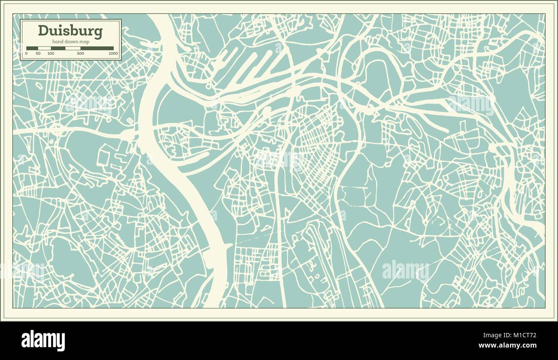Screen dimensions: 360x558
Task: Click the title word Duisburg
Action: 70,31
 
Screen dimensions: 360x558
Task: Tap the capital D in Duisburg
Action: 42,30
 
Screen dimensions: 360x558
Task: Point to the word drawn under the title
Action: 70,41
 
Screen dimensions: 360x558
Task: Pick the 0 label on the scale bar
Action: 26,54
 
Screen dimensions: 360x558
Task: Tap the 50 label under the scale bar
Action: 38,54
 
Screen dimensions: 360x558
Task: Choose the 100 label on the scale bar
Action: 51,54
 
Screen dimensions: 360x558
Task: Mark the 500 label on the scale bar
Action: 80,54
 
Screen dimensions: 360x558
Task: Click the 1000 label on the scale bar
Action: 113,54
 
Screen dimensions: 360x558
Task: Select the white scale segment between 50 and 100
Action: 45,48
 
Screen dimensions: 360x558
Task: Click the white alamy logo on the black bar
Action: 43,340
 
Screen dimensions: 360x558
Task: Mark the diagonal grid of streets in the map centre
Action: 315,146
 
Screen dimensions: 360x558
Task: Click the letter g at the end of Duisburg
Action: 98,32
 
